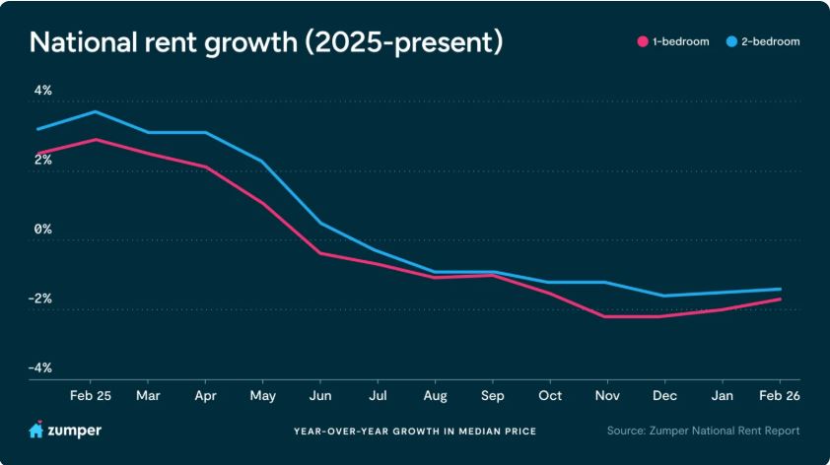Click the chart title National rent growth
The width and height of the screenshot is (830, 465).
click(x=266, y=42)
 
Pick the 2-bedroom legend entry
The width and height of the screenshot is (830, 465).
click(x=763, y=42)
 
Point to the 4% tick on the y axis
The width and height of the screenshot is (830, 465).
click(x=42, y=91)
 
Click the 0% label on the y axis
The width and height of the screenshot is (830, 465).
click(x=42, y=229)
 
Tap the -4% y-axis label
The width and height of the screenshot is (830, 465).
click(x=40, y=367)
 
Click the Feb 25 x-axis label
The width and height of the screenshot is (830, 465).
click(x=91, y=395)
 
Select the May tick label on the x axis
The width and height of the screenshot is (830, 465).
click(x=262, y=395)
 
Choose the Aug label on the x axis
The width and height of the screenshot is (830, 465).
click(x=435, y=395)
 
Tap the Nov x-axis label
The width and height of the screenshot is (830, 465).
click(x=607, y=395)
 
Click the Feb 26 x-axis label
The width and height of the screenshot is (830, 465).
click(x=779, y=395)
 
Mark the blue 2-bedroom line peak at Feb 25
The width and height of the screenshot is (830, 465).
click(x=95, y=111)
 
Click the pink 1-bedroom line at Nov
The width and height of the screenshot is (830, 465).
click(x=607, y=316)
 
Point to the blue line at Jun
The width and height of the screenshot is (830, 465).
click(x=319, y=223)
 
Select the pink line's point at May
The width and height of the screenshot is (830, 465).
click(x=262, y=203)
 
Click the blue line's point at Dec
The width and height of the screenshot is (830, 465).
click(x=664, y=296)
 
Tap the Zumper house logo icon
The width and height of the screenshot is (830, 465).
click(x=35, y=431)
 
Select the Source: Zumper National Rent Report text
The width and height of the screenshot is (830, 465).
click(x=703, y=431)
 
